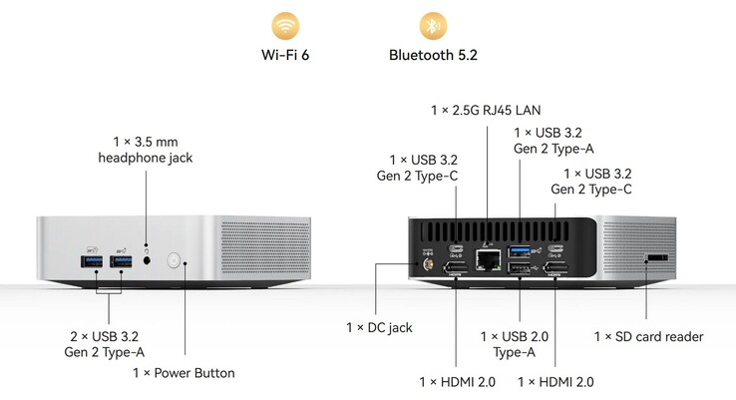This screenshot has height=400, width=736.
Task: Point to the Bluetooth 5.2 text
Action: tap(433, 55)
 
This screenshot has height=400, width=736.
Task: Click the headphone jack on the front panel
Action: tap(149, 261)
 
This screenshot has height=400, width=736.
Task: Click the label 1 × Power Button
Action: tap(184, 373)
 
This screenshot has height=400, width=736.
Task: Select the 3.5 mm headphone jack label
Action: tap(147, 150)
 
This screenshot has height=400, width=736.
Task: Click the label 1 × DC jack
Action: tap(379, 327)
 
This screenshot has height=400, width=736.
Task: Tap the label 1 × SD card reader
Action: tap(648, 337)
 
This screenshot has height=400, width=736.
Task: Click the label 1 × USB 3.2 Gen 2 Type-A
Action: tap(554, 141)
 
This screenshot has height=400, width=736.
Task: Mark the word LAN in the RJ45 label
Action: tap(526, 110)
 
